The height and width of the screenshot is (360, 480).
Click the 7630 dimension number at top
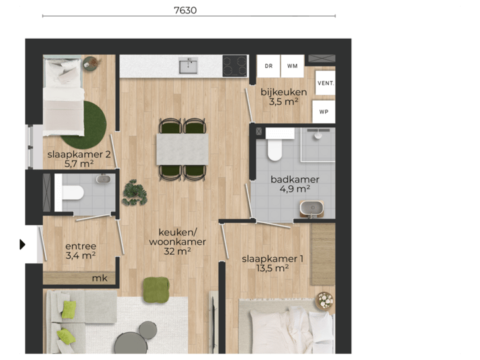(185, 10)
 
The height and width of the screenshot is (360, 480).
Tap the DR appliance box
(269, 66)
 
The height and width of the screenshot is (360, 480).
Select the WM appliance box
(292, 66)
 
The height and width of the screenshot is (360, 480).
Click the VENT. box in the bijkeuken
(325, 83)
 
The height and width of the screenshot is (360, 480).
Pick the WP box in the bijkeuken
(325, 111)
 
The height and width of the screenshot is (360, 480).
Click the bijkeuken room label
(284, 97)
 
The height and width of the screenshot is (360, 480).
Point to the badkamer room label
(295, 184)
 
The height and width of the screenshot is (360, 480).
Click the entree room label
(81, 251)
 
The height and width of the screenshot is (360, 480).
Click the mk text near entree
(99, 278)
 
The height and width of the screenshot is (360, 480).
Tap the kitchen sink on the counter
(188, 65)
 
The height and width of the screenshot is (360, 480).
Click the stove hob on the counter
(235, 65)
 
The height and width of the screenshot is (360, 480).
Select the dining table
(182, 149)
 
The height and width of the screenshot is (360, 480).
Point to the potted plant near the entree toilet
(135, 192)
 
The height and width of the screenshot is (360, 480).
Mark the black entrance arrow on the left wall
(22, 245)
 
